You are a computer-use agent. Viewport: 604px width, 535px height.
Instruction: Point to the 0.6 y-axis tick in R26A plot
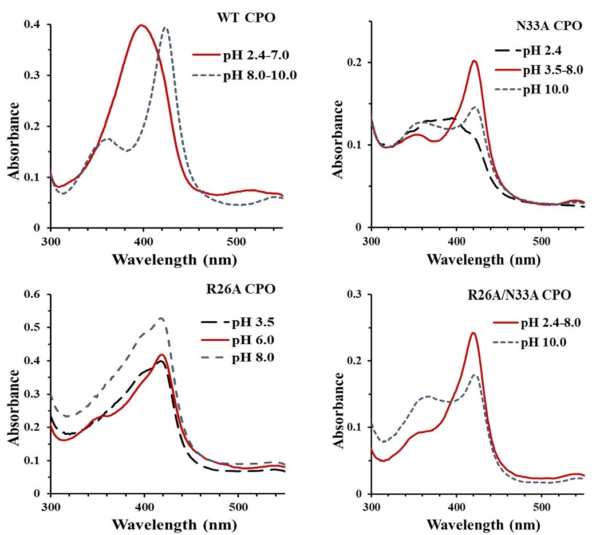pos(35,294)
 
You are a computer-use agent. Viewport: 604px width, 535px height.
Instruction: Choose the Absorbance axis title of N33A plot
pos(339,139)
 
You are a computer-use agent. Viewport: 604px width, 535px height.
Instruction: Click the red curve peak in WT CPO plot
pos(141,25)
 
